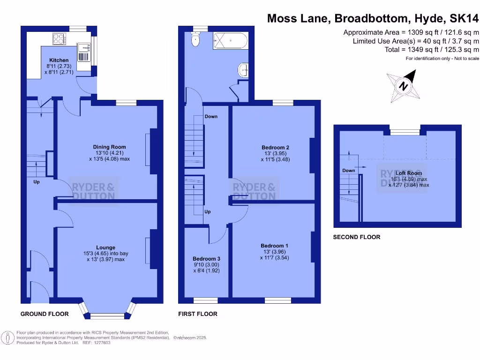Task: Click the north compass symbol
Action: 403,86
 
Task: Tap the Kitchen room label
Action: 59,60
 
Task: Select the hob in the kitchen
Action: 60,39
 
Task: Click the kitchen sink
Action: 83,47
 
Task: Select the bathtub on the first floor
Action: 230,41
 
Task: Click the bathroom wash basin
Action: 244,70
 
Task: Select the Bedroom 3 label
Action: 206,259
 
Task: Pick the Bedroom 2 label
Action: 275,148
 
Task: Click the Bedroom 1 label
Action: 275,246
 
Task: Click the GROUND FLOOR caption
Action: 45,314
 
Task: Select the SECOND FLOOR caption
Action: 356,237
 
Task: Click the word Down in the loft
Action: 348,171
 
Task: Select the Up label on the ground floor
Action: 36,181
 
